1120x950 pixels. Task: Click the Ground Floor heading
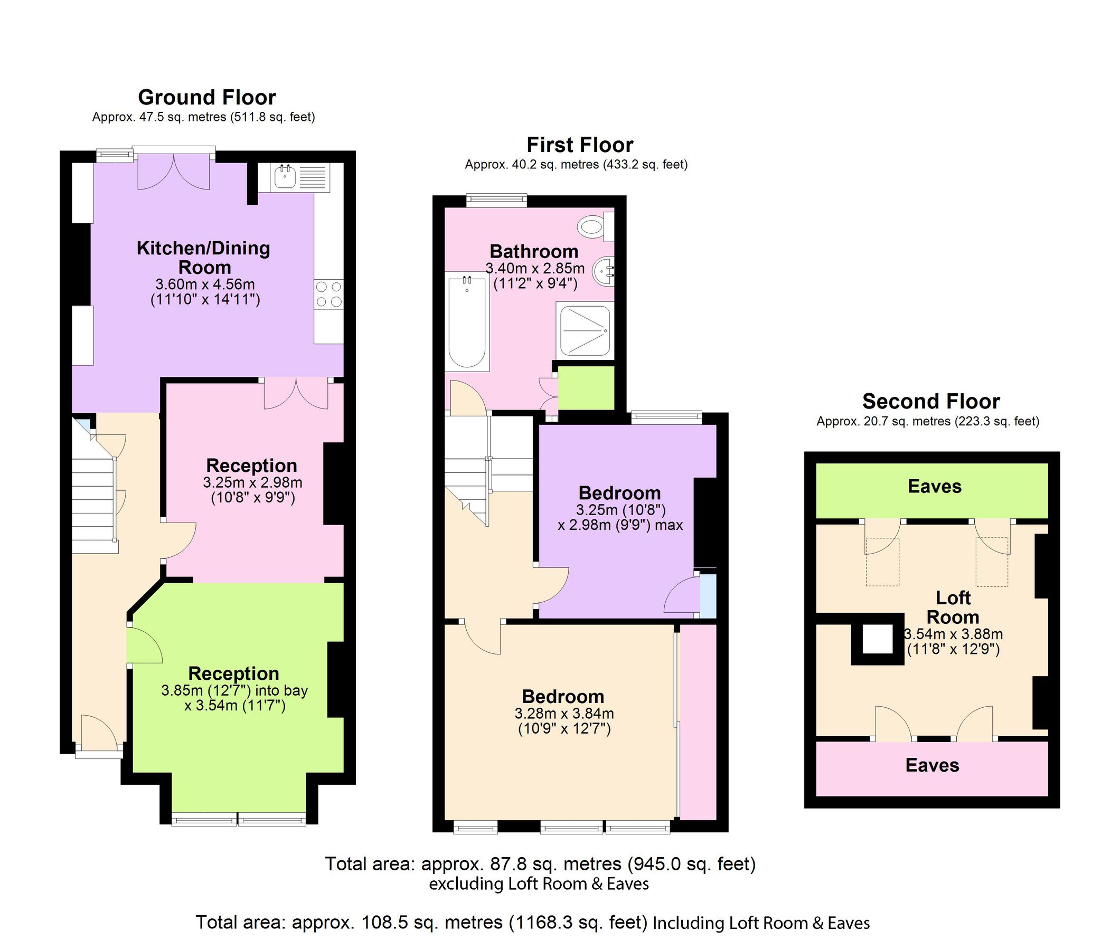pos(207,98)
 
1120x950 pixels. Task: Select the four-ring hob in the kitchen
pos(328,294)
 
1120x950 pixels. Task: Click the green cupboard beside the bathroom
pos(586,388)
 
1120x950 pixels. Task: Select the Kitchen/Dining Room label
pos(204,258)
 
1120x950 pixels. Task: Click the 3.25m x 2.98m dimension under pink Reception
pos(252,482)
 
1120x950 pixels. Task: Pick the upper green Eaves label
pos(935,486)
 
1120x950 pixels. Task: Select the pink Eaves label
pos(932,765)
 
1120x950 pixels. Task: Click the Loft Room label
pos(953,607)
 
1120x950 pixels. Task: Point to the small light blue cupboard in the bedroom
pos(708,596)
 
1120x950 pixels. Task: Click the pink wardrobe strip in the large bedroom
pos(698,721)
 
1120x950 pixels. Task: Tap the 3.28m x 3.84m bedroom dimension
pos(564,714)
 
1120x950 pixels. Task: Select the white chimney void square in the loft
pos(877,639)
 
